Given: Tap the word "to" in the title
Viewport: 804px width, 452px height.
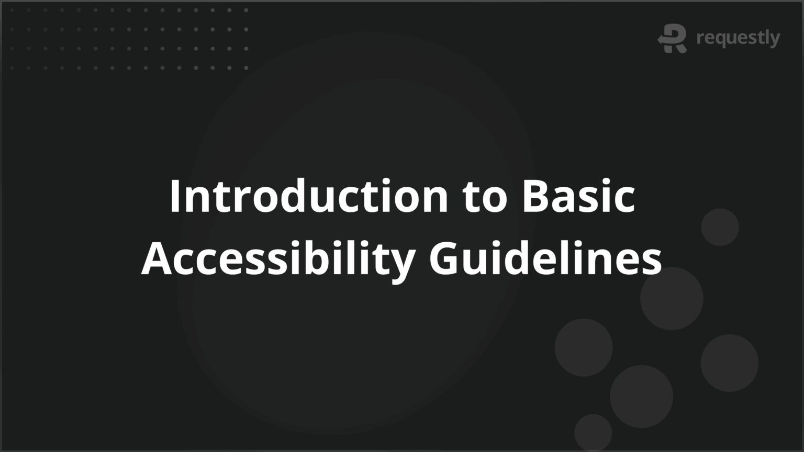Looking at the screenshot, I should (485, 197).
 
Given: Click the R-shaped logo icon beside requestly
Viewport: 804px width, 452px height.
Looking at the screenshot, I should (673, 38).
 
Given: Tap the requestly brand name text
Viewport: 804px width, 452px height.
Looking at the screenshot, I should (738, 38).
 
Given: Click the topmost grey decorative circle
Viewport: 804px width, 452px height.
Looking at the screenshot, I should (720, 227).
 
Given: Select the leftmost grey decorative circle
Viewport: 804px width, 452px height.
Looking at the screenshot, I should (583, 347).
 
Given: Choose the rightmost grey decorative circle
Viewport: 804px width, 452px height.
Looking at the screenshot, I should (729, 363).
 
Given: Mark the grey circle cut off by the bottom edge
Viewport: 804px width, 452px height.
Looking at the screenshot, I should (593, 433).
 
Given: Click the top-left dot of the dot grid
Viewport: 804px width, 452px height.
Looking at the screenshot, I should (12, 10).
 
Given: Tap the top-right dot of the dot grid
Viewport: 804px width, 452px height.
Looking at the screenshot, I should (246, 10).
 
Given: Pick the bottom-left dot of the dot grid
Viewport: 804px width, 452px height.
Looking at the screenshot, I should (12, 67).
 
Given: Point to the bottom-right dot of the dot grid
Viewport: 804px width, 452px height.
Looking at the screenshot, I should (246, 67).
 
